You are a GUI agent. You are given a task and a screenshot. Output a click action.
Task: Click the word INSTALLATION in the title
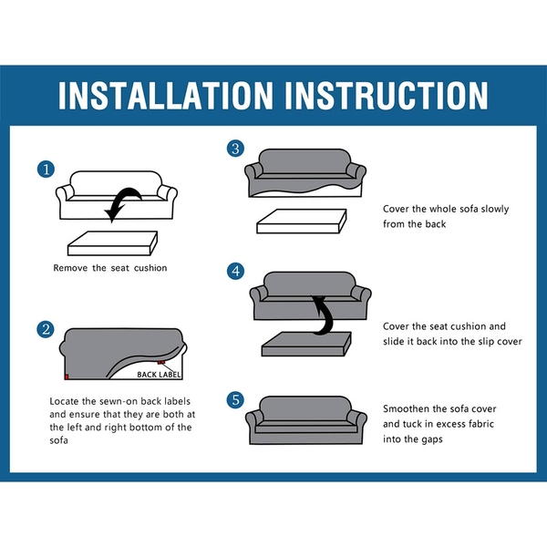[x=165, y=95]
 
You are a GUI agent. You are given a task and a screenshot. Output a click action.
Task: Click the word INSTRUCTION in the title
[x=387, y=95]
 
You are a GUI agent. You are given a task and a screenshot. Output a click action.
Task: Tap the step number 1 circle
[x=46, y=170]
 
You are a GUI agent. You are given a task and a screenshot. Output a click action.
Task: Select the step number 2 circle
[x=46, y=329]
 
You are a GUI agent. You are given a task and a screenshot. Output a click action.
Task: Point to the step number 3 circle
[x=235, y=149]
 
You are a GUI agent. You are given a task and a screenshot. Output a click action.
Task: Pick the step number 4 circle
[x=236, y=271]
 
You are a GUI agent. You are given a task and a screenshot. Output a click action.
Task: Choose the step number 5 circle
[x=236, y=400]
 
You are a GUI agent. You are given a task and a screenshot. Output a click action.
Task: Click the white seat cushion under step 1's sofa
[x=112, y=243]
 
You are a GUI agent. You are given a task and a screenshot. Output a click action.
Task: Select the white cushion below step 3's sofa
[x=302, y=222]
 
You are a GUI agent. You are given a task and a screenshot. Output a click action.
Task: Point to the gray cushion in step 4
[x=306, y=344]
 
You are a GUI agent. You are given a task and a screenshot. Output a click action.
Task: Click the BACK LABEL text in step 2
[x=159, y=375]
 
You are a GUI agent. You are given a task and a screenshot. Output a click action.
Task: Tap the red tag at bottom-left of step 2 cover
[x=67, y=377]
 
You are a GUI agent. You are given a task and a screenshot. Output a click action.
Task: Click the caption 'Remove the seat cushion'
[x=110, y=268]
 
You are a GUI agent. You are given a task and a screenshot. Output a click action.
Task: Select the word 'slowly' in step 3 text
[x=495, y=210]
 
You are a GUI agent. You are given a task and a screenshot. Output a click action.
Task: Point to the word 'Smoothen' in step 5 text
[x=406, y=408]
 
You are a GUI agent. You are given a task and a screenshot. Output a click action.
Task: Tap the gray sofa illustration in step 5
[x=306, y=420]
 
